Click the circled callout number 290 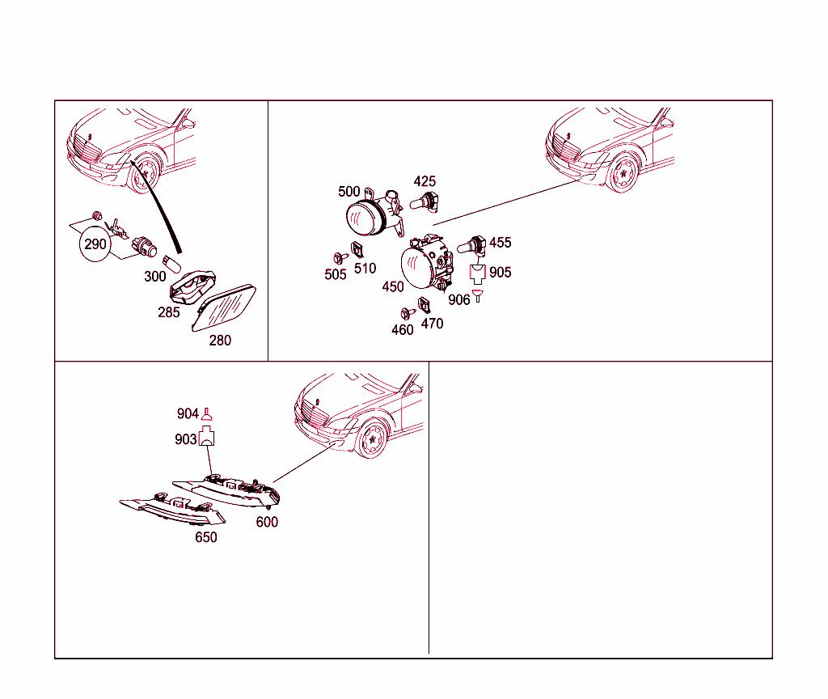95,244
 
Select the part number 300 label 154,277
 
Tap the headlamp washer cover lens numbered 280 224,307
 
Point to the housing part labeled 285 192,287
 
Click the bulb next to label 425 425,201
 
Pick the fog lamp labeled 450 427,263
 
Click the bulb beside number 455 471,245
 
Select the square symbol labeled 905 477,273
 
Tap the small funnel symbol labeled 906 478,296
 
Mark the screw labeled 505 340,258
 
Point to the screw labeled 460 408,314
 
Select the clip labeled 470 424,305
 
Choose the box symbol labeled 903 206,436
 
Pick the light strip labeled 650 173,509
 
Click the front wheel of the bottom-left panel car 373,438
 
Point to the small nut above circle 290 97,215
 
